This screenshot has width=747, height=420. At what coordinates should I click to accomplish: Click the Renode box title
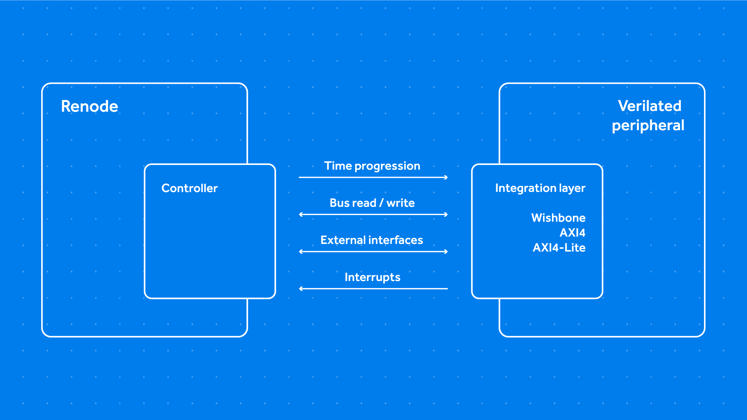(90, 106)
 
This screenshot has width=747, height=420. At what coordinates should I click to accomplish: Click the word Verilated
(649, 106)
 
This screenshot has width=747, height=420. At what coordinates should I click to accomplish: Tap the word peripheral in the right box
(648, 126)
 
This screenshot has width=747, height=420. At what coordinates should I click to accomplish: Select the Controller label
(189, 188)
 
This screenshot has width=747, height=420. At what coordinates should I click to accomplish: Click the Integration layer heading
(540, 188)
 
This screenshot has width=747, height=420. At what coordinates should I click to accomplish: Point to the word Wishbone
(558, 218)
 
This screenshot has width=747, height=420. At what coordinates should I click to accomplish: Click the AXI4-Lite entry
(559, 248)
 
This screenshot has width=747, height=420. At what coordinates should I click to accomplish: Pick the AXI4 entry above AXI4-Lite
(572, 233)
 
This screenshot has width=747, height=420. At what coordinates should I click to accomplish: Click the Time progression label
(372, 166)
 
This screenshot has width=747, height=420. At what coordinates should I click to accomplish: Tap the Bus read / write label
(372, 203)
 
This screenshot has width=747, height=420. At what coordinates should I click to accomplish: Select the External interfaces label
(372, 240)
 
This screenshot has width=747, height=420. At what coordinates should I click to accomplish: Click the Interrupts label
(372, 277)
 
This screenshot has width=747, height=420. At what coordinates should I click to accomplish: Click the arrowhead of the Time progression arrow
(446, 177)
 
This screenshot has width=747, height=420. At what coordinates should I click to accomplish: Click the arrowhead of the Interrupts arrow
(301, 289)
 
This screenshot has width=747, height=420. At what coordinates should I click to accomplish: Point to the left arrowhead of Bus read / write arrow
(301, 214)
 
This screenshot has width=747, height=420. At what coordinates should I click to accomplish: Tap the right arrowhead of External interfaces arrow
(446, 252)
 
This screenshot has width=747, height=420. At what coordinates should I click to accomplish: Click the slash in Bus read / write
(381, 203)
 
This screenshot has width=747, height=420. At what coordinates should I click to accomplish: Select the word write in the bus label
(401, 203)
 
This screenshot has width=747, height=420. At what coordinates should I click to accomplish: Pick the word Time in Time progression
(338, 166)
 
